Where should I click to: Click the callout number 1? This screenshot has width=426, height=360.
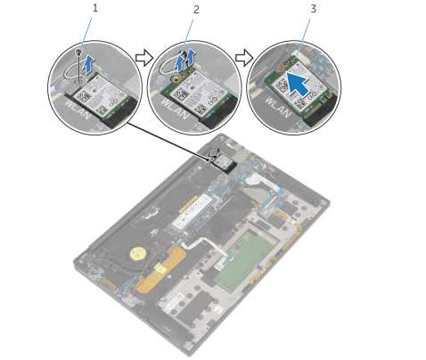tap(95, 8)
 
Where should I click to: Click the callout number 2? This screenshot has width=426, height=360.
tap(196, 10)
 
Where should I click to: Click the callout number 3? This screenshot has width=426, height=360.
tap(314, 9)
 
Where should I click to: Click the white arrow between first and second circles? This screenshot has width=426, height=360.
tap(143, 58)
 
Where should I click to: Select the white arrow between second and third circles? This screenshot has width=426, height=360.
tap(244, 58)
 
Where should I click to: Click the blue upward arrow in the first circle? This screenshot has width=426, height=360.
tap(88, 65)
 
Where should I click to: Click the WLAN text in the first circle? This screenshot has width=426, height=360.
tap(78, 110)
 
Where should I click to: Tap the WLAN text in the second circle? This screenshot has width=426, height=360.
tap(176, 110)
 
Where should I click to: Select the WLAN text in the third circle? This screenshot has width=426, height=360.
tap(278, 107)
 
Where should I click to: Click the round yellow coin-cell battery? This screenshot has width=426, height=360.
tap(137, 254)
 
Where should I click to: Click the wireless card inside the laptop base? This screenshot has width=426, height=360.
tap(224, 164)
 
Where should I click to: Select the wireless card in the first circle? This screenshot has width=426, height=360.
tap(97, 95)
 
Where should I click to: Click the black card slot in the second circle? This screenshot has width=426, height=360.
tap(219, 112)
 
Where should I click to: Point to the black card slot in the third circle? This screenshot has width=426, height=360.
tap(322, 111)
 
